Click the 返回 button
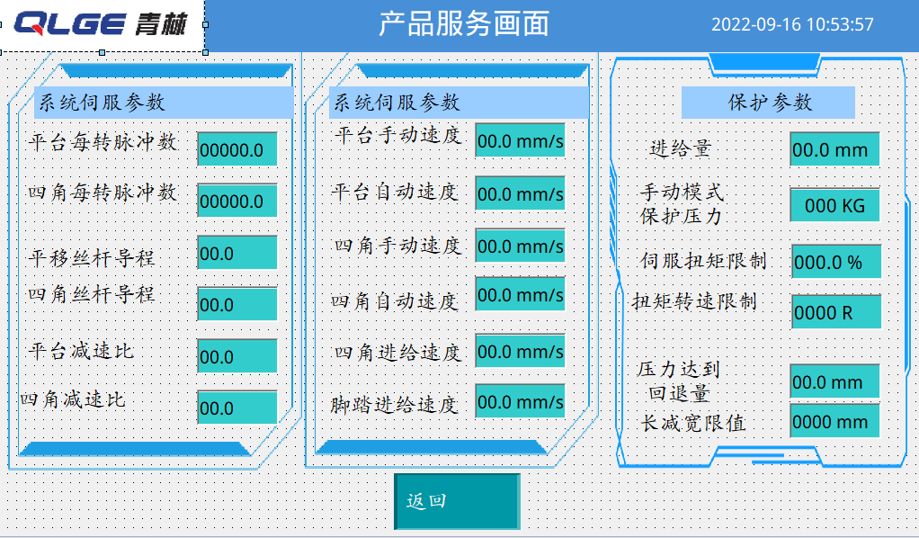click(457, 501)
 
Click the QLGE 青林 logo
click(102, 25)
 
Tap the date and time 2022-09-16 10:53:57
click(792, 24)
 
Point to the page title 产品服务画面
click(464, 24)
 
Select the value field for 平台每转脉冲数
click(236, 149)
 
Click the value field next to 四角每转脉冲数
click(236, 201)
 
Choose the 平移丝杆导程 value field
click(236, 253)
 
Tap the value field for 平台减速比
click(236, 356)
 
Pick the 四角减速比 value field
click(236, 408)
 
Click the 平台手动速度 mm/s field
click(520, 140)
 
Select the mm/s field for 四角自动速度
click(520, 294)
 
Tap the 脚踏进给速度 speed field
click(520, 401)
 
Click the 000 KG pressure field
click(834, 205)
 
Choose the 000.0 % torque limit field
click(836, 261)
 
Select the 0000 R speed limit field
click(836, 311)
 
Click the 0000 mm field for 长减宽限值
click(834, 421)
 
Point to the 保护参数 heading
click(768, 103)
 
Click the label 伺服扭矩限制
click(703, 261)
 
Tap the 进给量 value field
click(834, 149)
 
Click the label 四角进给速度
click(397, 353)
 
